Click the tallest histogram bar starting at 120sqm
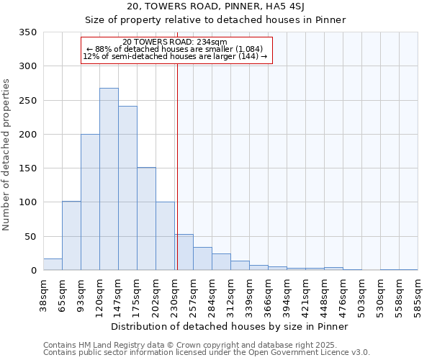click(109, 179)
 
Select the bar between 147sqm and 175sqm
click(127, 188)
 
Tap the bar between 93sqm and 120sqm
click(90, 202)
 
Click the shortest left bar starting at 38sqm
click(53, 264)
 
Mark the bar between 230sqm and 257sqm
click(184, 252)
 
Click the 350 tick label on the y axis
click(27, 32)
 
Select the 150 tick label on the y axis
click(27, 168)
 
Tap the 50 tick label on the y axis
click(30, 236)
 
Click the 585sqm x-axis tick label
click(418, 294)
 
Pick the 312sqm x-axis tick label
click(231, 294)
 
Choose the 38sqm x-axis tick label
click(44, 294)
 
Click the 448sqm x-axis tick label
click(325, 294)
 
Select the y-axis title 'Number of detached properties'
click(6, 155)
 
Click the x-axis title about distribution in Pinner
click(230, 327)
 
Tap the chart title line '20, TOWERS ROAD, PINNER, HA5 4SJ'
click(215, 6)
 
